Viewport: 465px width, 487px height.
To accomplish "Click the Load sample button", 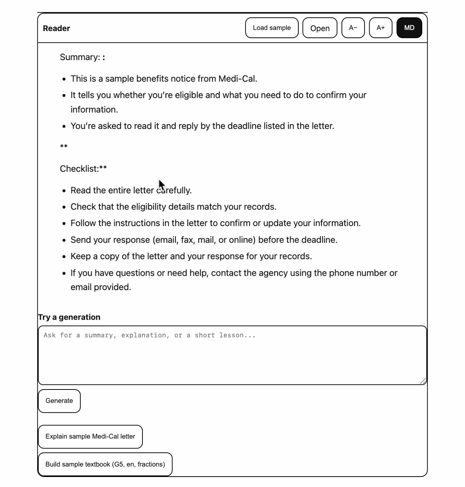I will click(x=272, y=28).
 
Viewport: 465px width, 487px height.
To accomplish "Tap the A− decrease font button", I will click(x=353, y=28).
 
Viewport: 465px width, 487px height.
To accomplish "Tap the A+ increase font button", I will click(x=380, y=28).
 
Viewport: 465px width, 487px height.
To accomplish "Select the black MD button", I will click(x=409, y=28).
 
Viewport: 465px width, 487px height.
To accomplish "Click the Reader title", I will click(x=57, y=29).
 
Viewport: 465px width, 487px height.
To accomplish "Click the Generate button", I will click(x=59, y=401).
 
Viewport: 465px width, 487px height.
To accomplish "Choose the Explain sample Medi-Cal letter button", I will click(x=90, y=437).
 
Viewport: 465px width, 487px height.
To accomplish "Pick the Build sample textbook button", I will click(x=105, y=464).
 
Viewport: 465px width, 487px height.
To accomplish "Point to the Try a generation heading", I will click(x=69, y=317).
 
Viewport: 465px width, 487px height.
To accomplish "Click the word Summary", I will click(x=79, y=57).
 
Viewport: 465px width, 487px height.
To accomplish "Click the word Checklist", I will click(x=78, y=169).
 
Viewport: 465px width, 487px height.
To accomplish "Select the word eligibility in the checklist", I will click(x=148, y=207).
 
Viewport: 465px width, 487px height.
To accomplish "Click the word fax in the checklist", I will click(x=187, y=240).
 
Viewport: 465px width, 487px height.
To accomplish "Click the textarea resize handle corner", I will click(x=423, y=381).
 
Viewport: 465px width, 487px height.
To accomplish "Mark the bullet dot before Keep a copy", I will click(x=64, y=257).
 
